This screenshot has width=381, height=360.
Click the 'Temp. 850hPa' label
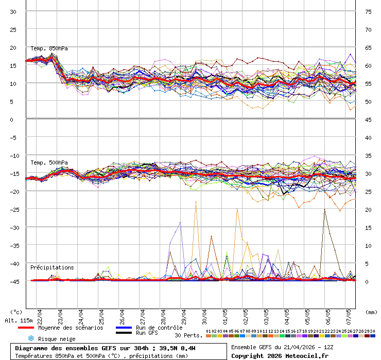[x=49, y=49]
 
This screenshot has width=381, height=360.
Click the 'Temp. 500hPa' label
[x=49, y=163]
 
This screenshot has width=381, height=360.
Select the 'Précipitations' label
[x=52, y=267]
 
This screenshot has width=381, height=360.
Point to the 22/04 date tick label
[x=39, y=314]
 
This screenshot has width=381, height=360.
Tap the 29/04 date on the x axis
[x=183, y=314]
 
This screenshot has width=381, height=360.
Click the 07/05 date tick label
[x=348, y=314]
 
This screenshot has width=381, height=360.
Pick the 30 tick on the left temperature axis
[x=13, y=11]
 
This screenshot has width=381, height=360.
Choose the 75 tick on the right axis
[x=368, y=11]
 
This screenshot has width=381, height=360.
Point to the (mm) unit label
[x=371, y=312]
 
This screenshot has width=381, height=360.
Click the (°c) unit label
[x=16, y=312]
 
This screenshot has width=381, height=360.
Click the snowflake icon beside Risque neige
[x=30, y=338]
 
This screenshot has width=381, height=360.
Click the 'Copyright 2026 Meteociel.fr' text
[x=280, y=355]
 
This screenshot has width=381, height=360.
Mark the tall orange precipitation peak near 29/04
[x=196, y=202]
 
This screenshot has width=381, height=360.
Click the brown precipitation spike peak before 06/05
[x=324, y=209]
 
